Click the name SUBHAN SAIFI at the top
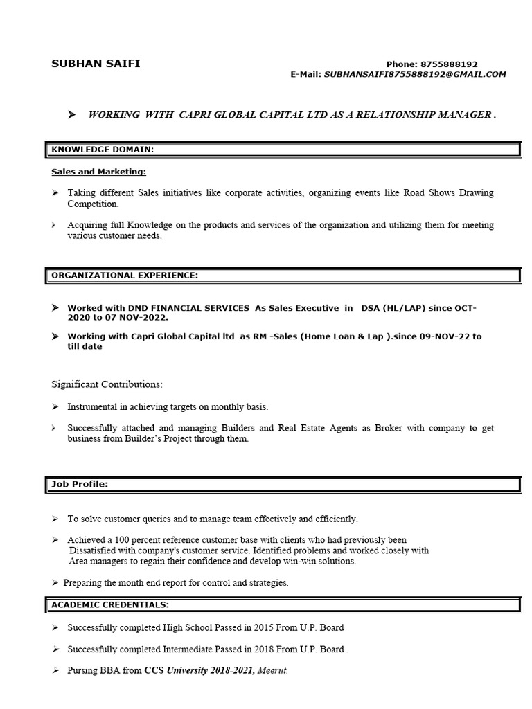(95, 64)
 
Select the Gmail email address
(415, 74)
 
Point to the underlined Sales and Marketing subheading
(98, 171)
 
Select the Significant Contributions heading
(107, 384)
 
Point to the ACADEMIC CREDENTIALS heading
(109, 604)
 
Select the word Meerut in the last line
(272, 671)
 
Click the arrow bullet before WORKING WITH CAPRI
(71, 115)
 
